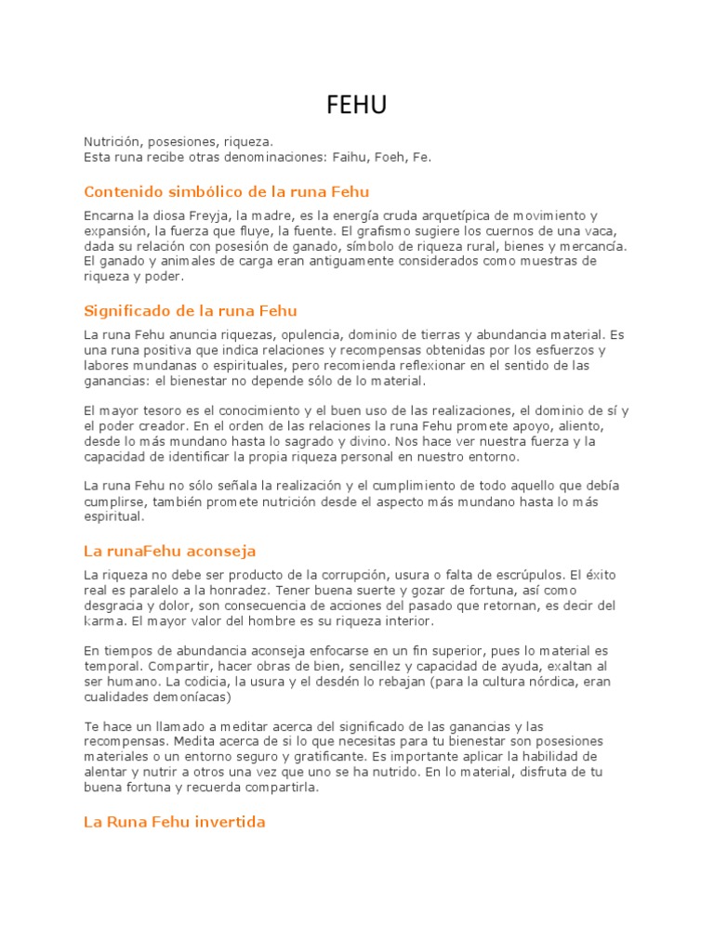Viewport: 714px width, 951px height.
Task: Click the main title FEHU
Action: tap(356, 107)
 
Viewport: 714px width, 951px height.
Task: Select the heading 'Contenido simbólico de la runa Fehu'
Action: tap(227, 192)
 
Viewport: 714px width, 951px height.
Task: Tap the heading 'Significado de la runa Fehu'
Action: tap(191, 310)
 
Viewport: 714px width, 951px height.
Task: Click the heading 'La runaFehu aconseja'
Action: tap(170, 552)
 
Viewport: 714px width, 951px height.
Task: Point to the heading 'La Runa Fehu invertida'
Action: tap(175, 822)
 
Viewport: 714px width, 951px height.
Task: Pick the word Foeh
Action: tap(394, 158)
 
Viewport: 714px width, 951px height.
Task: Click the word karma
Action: tap(102, 620)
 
